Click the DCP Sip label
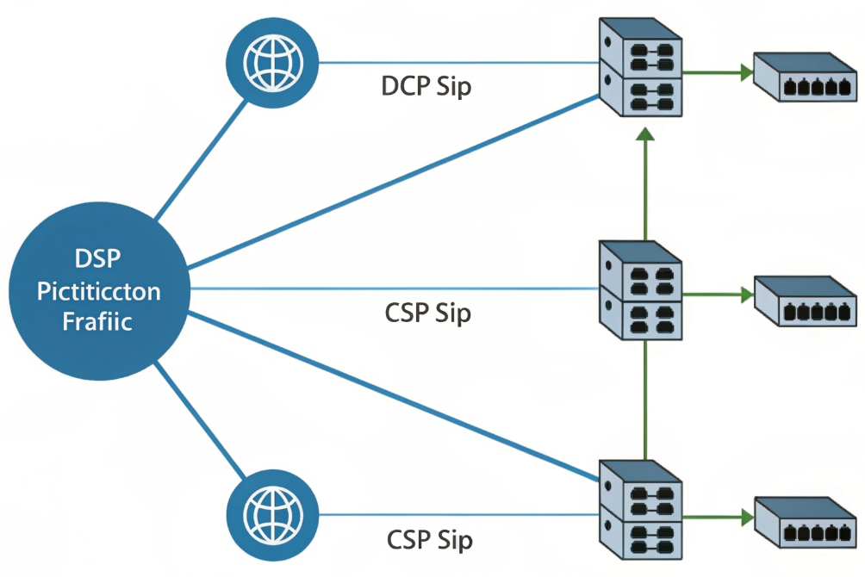point(426,86)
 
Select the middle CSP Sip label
point(427,313)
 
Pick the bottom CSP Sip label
point(429,540)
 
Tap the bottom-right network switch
point(805,522)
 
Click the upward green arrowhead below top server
point(645,133)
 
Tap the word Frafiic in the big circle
point(97,322)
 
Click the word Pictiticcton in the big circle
point(98,291)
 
